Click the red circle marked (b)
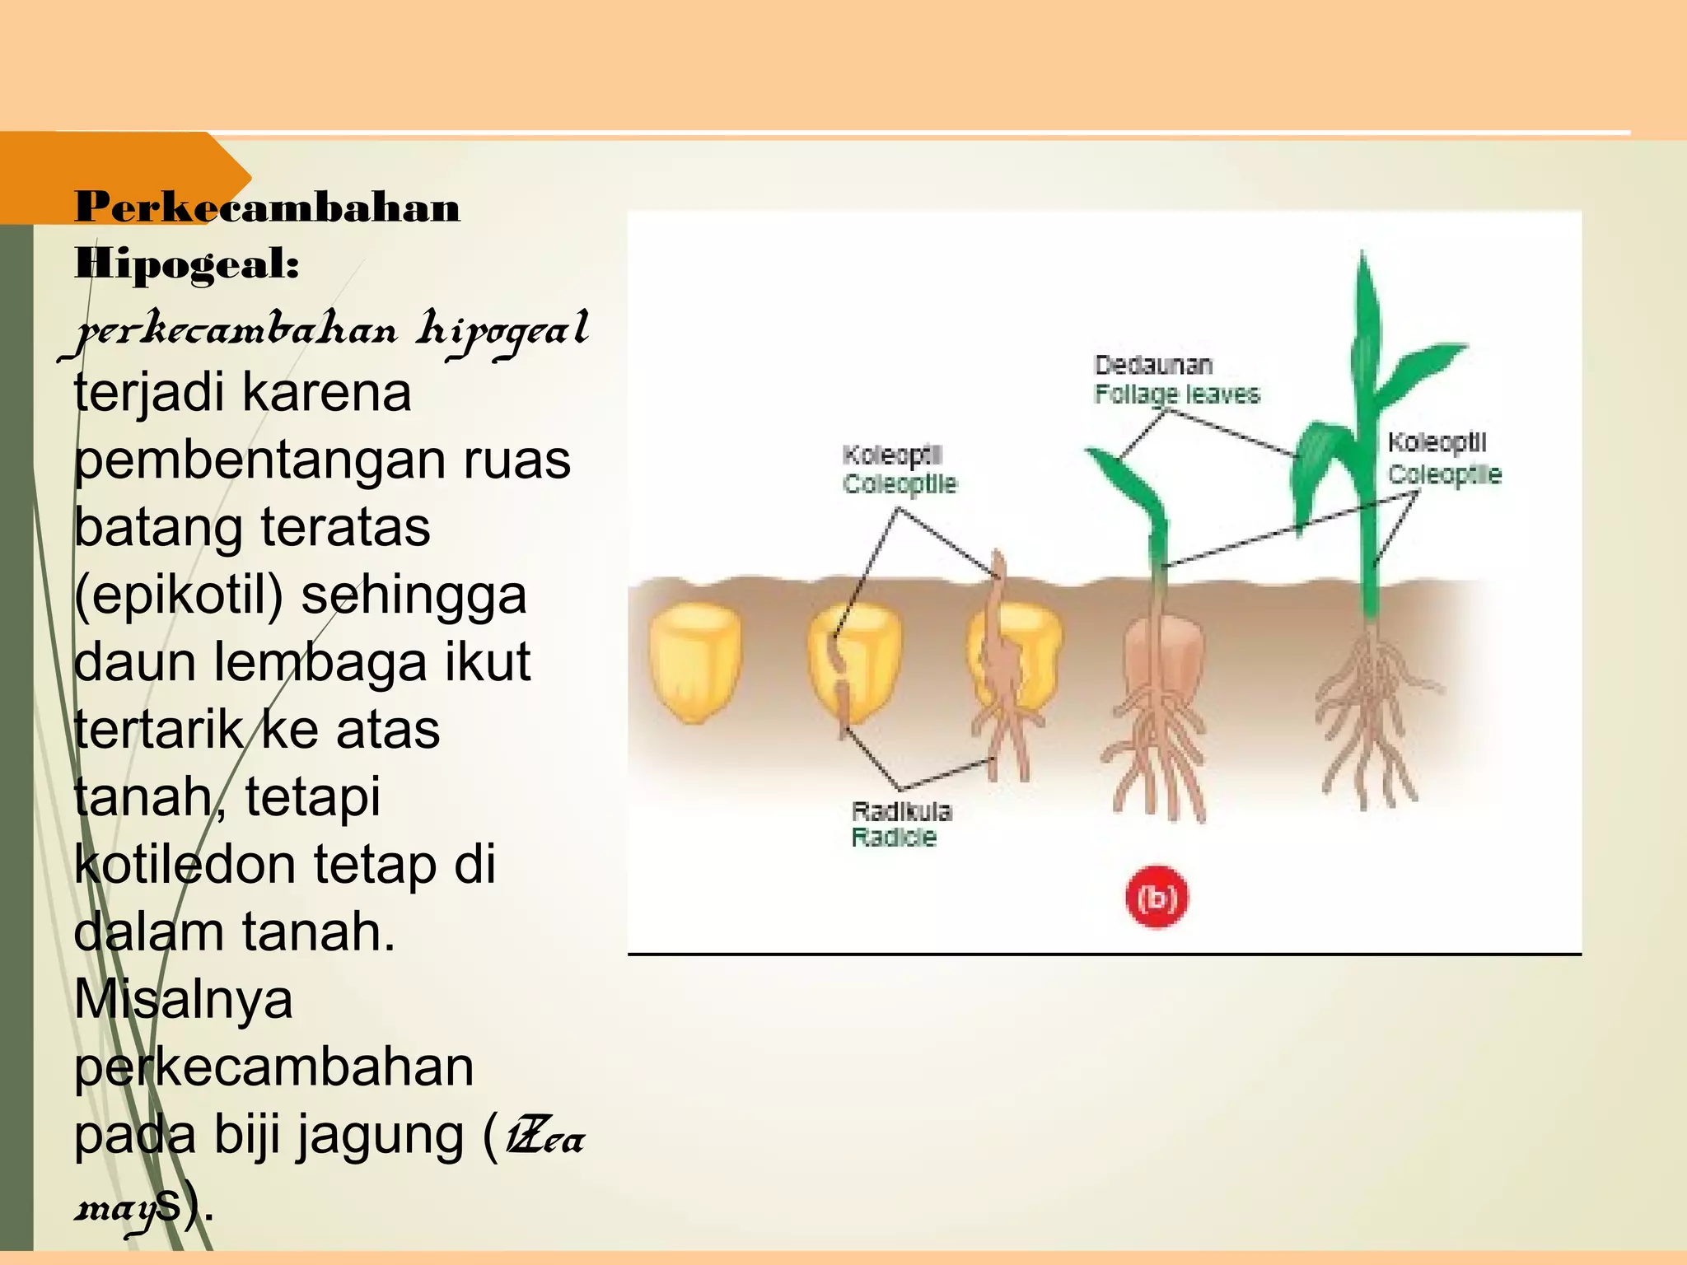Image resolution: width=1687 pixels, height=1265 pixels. pyautogui.click(x=1157, y=898)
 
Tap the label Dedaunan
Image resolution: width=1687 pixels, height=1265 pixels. pyautogui.click(x=1152, y=365)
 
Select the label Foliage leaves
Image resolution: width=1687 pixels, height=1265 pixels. pyautogui.click(x=1176, y=394)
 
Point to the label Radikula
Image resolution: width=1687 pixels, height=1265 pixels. pyautogui.click(x=900, y=811)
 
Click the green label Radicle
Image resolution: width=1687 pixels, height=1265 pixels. pyautogui.click(x=894, y=838)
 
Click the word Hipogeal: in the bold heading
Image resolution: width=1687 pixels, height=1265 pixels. pyautogui.click(x=187, y=264)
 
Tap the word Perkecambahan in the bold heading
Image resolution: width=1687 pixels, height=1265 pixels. pyautogui.click(x=267, y=207)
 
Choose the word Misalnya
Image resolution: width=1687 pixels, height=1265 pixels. pyautogui.click(x=183, y=1000)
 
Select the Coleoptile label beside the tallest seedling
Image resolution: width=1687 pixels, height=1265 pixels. pyautogui.click(x=1444, y=475)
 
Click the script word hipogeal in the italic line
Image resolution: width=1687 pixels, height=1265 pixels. pyautogui.click(x=502, y=331)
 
